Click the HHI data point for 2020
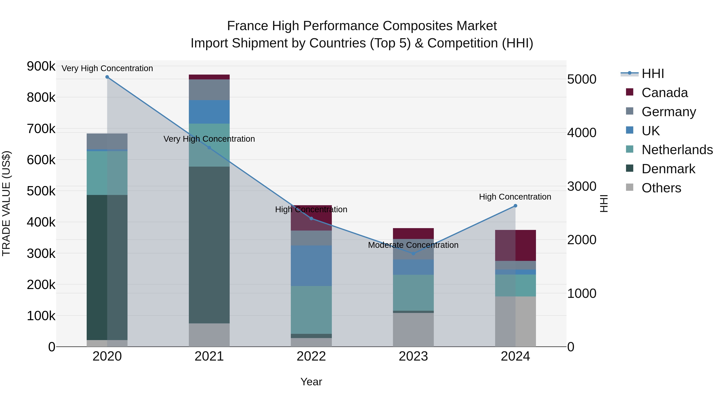(x=107, y=77)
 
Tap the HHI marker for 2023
(x=413, y=254)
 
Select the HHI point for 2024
(x=515, y=206)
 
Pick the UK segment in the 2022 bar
(x=311, y=266)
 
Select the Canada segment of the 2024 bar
(x=515, y=245)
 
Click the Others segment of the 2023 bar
(x=413, y=329)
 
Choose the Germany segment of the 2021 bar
(x=209, y=90)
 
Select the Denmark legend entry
(x=668, y=169)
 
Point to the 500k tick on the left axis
(x=41, y=191)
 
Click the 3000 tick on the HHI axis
(x=581, y=186)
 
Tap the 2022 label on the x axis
(x=311, y=356)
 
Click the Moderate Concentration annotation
(x=413, y=245)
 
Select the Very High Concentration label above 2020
(x=107, y=68)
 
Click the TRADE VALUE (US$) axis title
(x=6, y=203)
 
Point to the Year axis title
(x=311, y=382)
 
